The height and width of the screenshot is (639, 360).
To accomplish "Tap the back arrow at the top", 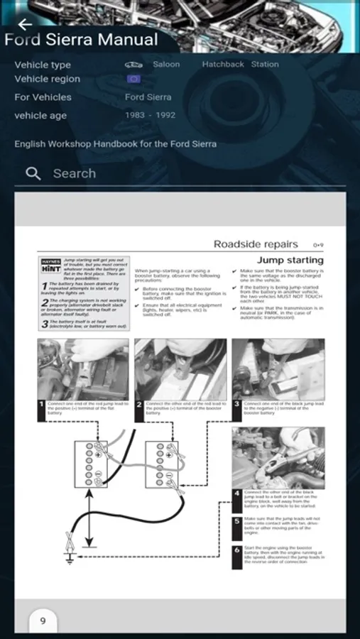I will point(25,24).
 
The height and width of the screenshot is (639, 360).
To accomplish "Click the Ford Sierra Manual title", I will point(81,40).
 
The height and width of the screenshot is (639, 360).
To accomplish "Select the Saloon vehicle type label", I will point(166,64).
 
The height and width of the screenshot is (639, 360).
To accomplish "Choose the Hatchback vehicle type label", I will point(222,64).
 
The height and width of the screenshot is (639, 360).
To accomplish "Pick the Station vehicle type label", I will point(265,64).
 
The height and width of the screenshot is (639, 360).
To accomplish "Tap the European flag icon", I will point(133,79).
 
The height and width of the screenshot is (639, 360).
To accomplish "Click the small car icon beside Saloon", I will point(133,65).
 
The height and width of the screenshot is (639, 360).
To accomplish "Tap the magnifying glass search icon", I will point(33,173).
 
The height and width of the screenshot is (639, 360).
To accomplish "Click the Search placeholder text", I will point(75,173).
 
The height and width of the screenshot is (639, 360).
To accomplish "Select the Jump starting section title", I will point(290,260).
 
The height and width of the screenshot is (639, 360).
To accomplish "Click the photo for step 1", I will point(83,368).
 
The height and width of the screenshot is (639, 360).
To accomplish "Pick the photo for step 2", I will point(180,368).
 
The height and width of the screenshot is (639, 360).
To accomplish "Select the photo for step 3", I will point(278,368).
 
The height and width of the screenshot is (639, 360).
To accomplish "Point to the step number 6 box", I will point(237,551).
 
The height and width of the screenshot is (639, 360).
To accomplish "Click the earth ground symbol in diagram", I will point(68,556).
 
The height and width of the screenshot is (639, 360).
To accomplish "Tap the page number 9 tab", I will point(43,621).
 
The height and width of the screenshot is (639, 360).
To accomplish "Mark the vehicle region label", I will point(47,79).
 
